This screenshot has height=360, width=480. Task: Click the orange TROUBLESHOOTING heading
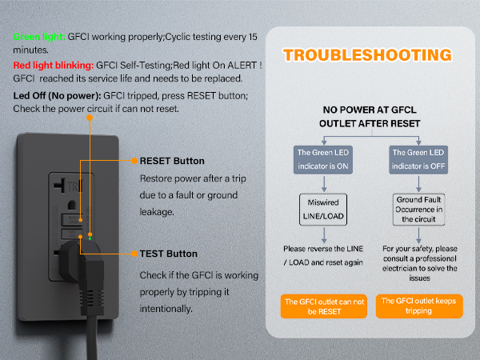tap(367, 55)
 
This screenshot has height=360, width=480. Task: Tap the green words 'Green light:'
tap(40, 36)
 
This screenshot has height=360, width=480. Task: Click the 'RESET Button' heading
tap(172, 161)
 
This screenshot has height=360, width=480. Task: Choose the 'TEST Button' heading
tap(168, 254)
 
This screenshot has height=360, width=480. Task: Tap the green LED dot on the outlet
tap(90, 238)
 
